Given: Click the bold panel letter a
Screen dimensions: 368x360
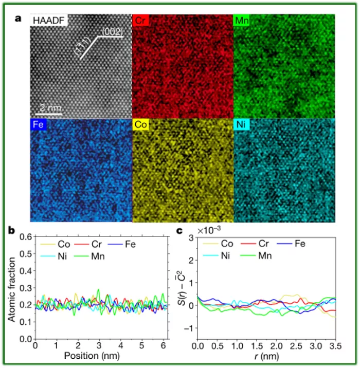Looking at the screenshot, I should click(19, 19).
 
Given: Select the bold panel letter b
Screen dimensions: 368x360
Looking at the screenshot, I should click(11, 230).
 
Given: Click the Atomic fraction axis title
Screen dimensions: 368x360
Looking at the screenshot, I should click(11, 288).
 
